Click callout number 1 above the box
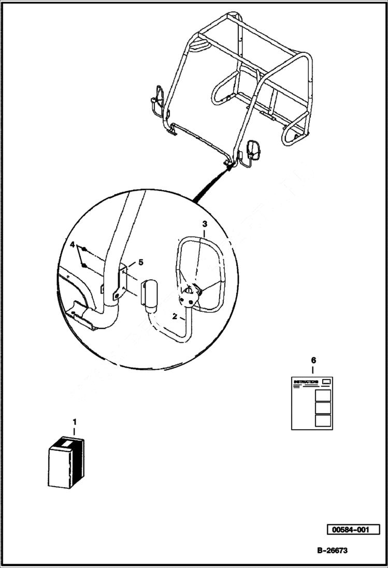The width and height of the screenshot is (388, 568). click(74, 421)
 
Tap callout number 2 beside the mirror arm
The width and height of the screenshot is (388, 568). click(175, 315)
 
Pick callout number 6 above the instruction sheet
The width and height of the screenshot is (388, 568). click(312, 360)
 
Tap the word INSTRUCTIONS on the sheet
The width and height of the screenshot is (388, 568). click(306, 382)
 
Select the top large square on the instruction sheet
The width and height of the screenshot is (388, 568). click(323, 395)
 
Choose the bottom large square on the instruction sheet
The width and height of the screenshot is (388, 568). click(323, 420)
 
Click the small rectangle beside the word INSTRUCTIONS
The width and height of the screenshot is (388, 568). click(326, 382)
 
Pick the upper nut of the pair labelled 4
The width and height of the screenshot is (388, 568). click(83, 256)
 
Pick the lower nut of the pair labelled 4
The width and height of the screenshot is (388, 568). click(84, 266)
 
